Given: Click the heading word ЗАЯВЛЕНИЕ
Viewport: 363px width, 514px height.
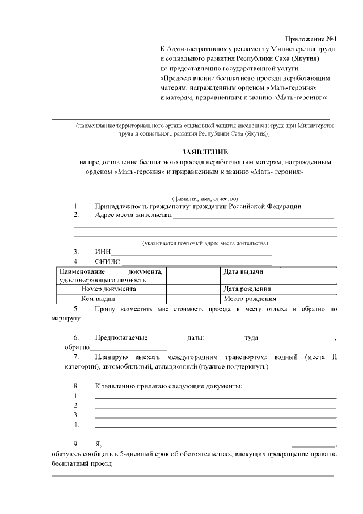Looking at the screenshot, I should click(x=205, y=152).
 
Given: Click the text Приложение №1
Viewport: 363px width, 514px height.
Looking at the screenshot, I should click(x=311, y=39).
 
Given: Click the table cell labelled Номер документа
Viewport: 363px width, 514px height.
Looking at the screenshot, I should click(x=108, y=289).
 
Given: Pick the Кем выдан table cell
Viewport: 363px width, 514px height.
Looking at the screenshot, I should click(x=98, y=299).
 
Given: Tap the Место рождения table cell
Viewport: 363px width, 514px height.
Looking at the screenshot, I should click(x=250, y=299).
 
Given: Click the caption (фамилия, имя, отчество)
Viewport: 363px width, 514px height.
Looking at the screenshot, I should click(x=204, y=199).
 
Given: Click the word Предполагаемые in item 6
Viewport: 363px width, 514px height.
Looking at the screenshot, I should click(x=120, y=338).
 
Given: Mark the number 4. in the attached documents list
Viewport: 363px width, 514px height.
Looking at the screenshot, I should click(x=76, y=424).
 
